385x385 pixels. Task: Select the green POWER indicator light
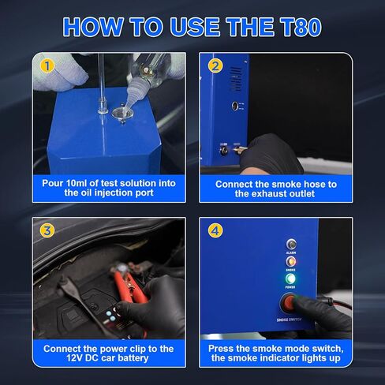pos(290,279)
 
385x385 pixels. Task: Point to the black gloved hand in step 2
pos(276,154)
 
